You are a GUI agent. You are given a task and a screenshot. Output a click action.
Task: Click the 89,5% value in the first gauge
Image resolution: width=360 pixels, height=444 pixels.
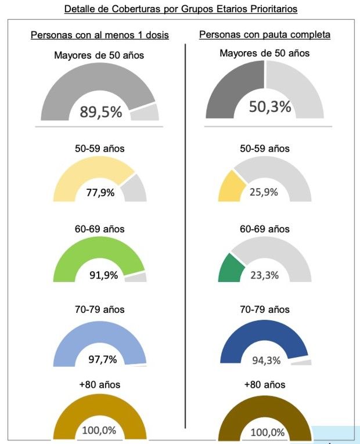point(101,112)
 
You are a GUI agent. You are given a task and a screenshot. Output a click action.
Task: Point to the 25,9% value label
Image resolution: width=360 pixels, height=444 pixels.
point(265,192)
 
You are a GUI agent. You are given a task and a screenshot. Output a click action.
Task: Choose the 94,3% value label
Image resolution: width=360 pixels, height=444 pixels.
point(267,360)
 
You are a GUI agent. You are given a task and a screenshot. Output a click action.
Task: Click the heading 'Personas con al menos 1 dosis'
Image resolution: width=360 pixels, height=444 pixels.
point(100,35)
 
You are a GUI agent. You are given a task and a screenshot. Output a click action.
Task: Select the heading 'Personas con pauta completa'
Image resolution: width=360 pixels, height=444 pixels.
point(265,35)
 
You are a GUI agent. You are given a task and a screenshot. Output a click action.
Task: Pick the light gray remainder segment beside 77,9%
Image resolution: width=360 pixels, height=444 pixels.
point(134,189)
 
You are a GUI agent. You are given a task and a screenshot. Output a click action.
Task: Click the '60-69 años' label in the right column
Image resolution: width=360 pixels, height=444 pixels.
point(265,229)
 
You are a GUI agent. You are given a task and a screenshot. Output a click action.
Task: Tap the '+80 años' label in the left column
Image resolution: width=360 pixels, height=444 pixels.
point(100,384)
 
